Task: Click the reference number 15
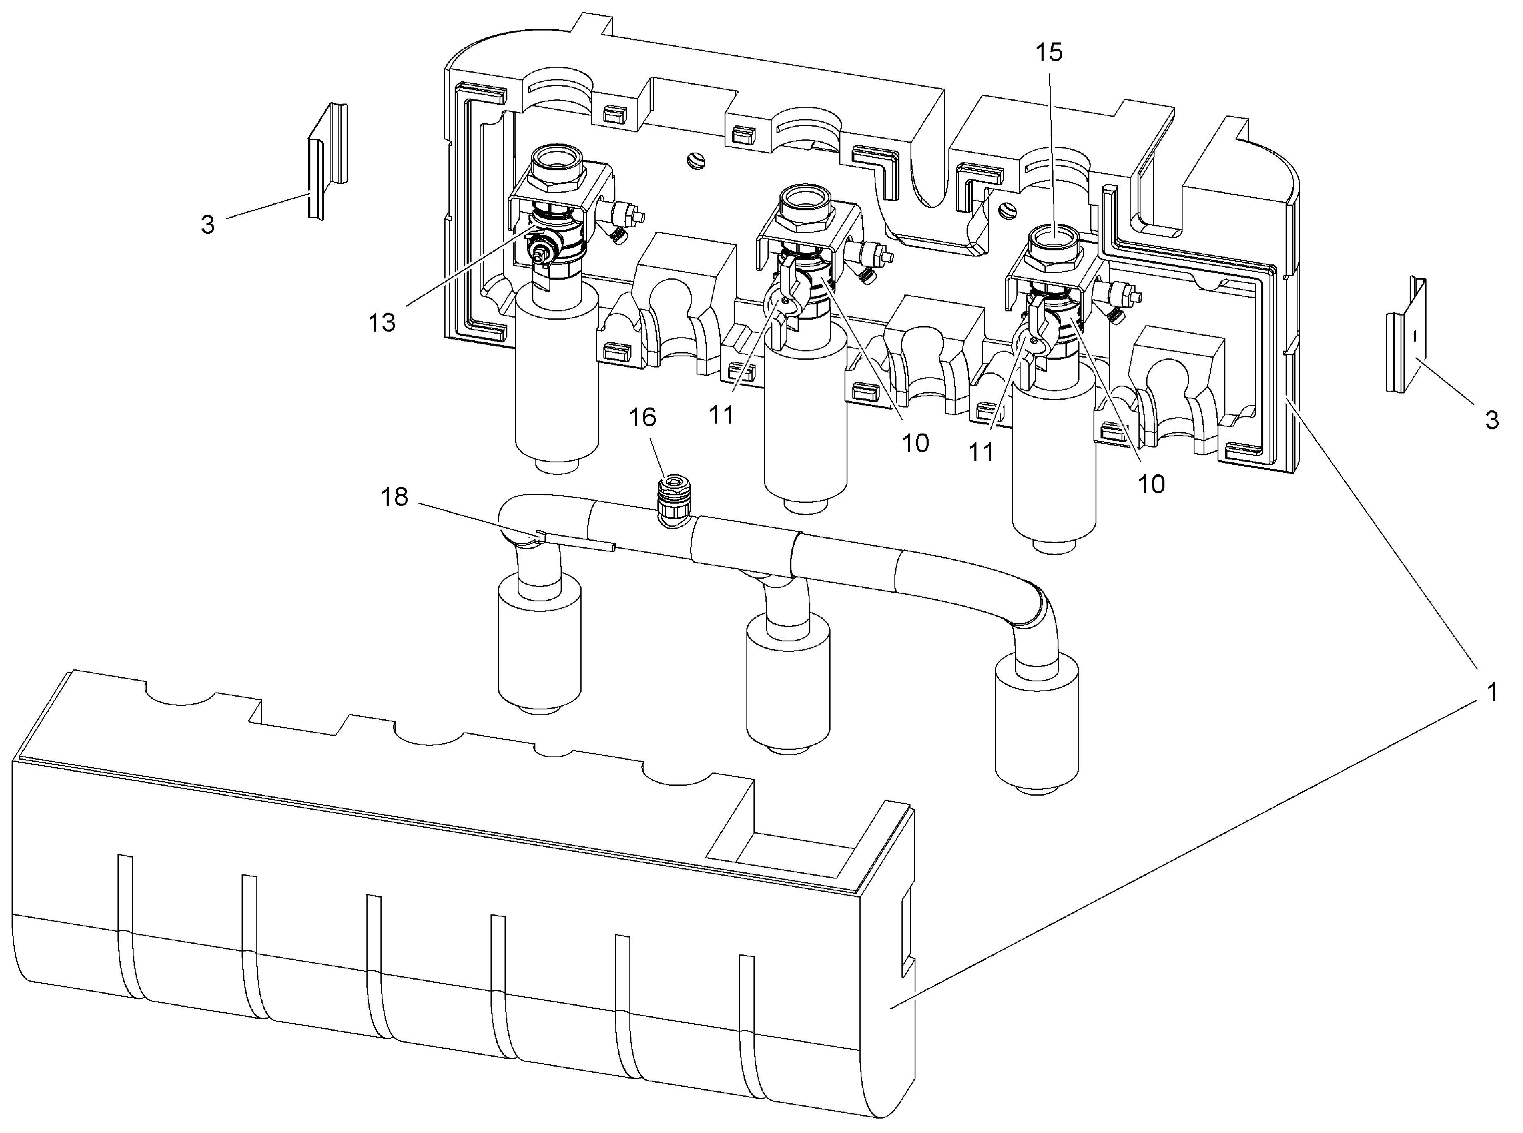click(1049, 52)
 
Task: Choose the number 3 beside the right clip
click(1492, 420)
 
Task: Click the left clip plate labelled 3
click(326, 161)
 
